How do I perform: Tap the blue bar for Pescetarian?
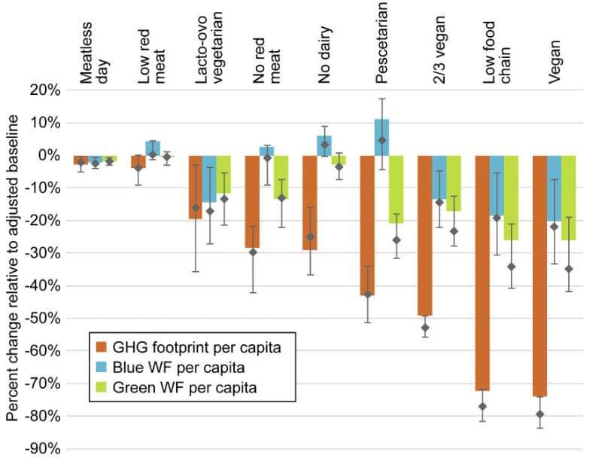[382, 137]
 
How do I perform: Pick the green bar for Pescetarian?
[396, 189]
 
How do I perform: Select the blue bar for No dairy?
[324, 145]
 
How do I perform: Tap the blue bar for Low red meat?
[152, 148]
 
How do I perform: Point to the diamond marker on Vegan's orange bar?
[540, 414]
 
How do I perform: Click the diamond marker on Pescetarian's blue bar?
[382, 140]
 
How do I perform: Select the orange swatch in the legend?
[100, 347]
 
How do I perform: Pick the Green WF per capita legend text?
[184, 388]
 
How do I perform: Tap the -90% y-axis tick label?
[44, 450]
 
